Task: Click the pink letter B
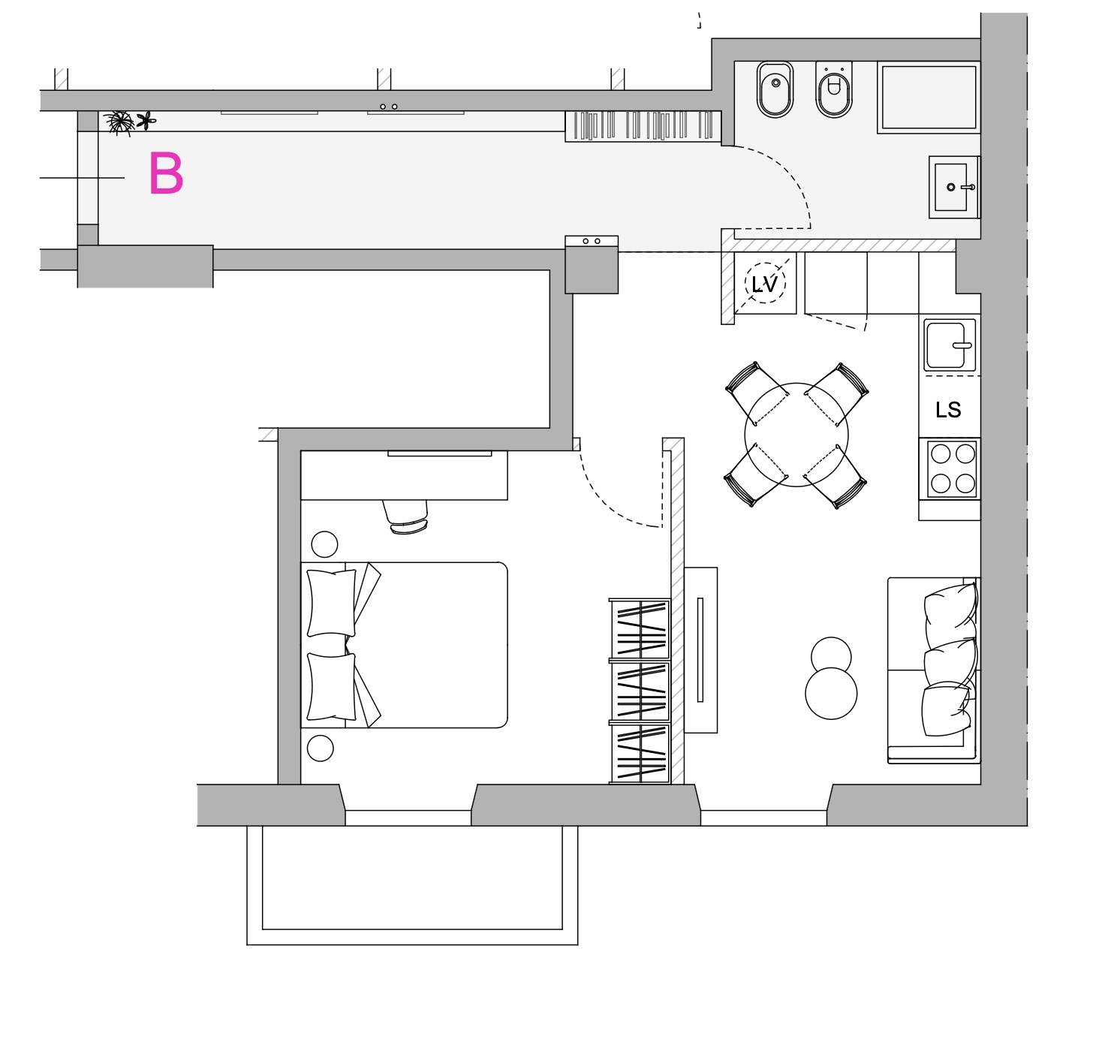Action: pos(166,173)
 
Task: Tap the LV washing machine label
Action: pos(764,285)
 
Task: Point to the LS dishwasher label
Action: pos(948,410)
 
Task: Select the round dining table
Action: pos(796,435)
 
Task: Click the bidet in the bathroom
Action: pos(775,89)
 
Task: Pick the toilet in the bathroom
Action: pos(833,89)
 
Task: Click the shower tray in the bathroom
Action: pos(929,98)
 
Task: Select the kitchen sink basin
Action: pos(949,345)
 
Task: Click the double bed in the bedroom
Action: pos(404,645)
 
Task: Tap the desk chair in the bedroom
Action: pos(406,517)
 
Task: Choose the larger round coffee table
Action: pos(831,694)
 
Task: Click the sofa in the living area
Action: pos(934,670)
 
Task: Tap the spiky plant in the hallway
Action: pos(119,122)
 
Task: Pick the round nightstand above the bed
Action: pos(324,544)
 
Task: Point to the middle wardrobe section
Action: pos(640,691)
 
